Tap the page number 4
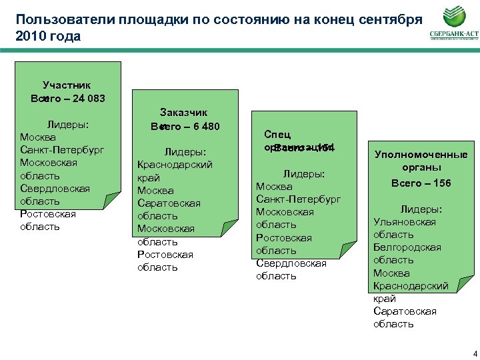(x=472, y=353)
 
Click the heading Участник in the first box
(x=67, y=85)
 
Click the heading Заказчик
(x=183, y=113)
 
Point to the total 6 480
(x=201, y=127)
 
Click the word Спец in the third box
(x=277, y=134)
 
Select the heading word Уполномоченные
(x=421, y=155)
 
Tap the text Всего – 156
(x=421, y=183)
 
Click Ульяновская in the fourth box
(x=405, y=221)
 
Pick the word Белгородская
(x=407, y=247)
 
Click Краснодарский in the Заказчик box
(x=175, y=164)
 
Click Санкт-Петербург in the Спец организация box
(x=299, y=199)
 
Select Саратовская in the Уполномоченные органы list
(x=405, y=311)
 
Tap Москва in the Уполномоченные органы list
(x=391, y=273)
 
